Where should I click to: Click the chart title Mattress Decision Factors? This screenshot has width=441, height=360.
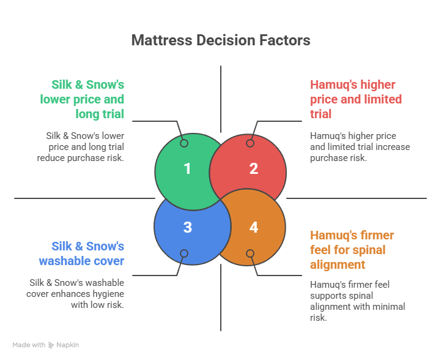point(220,40)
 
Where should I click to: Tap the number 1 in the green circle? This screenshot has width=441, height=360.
point(187,168)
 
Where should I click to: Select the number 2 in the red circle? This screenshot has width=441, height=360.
point(253,168)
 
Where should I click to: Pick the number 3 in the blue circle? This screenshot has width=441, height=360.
point(187,227)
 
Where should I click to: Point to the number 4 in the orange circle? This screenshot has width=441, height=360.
point(253,227)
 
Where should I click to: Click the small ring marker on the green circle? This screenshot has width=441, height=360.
point(184,143)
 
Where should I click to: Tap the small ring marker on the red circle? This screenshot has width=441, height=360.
point(250,143)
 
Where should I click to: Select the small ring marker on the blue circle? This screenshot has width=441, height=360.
point(184,253)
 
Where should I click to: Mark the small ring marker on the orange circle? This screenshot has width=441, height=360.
point(250,253)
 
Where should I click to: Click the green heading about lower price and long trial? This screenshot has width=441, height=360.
point(83,99)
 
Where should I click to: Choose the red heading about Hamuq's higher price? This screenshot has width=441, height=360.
point(356,99)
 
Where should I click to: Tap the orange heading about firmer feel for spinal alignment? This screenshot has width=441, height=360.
point(352,250)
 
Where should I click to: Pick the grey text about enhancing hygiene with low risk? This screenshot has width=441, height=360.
point(76,293)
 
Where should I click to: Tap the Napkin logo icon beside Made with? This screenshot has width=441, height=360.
point(51,345)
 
